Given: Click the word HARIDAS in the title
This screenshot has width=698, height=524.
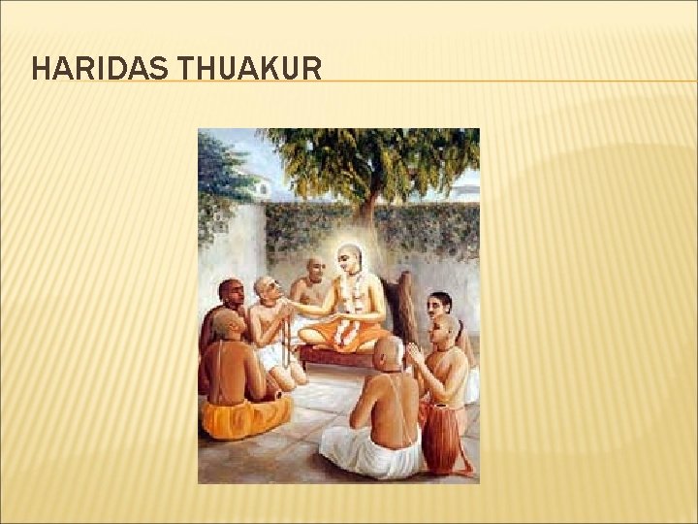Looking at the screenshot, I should point(87,69).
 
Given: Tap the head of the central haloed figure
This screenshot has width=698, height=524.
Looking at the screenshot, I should point(348,259).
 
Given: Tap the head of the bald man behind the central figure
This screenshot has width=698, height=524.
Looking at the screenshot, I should point(315,268).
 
